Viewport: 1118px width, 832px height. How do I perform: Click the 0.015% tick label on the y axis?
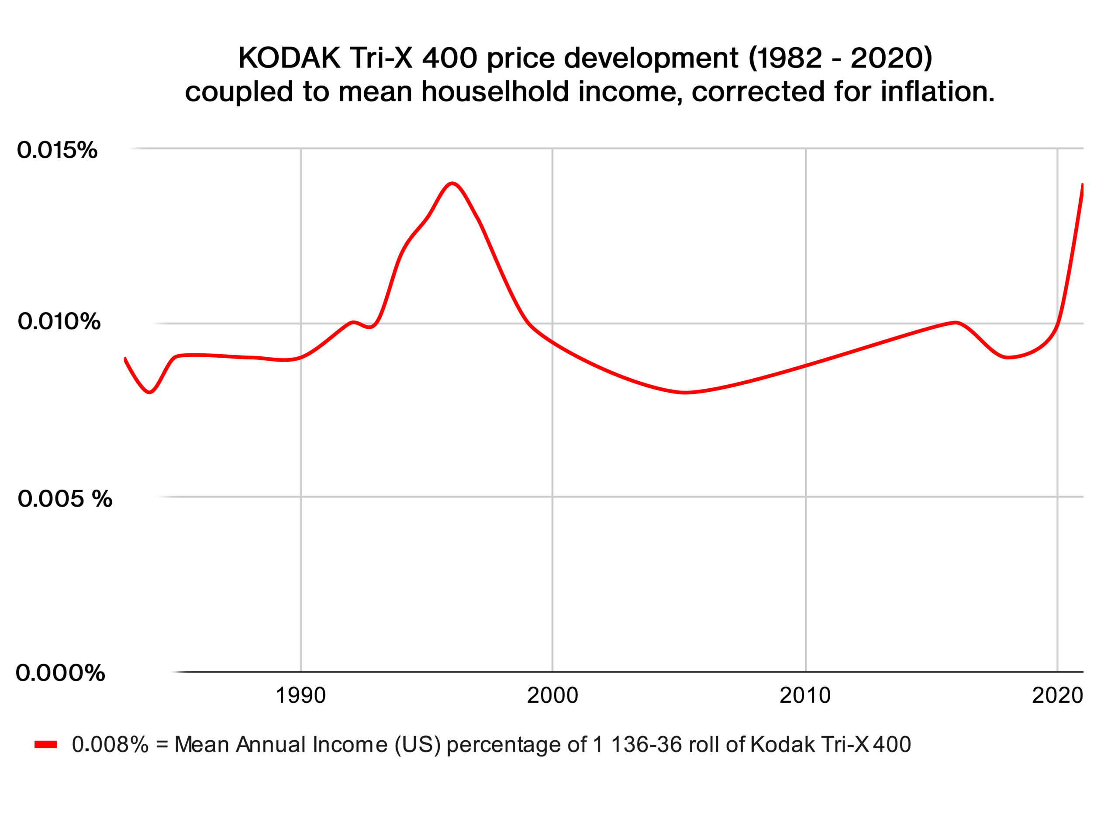(x=57, y=150)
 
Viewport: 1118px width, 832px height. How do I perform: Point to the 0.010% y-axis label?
(x=59, y=321)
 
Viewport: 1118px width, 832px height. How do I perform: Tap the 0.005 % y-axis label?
(x=65, y=499)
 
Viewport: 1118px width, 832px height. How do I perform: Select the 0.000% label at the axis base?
(x=60, y=672)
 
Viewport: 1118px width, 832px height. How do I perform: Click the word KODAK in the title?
(x=289, y=58)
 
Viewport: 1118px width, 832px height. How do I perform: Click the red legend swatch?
(x=46, y=744)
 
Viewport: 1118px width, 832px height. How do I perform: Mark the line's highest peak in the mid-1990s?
(x=452, y=183)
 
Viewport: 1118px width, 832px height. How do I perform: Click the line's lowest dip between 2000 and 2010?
(x=684, y=392)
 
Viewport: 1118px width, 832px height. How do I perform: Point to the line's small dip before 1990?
(x=149, y=392)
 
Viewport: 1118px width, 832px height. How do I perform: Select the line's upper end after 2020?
(x=1082, y=185)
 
